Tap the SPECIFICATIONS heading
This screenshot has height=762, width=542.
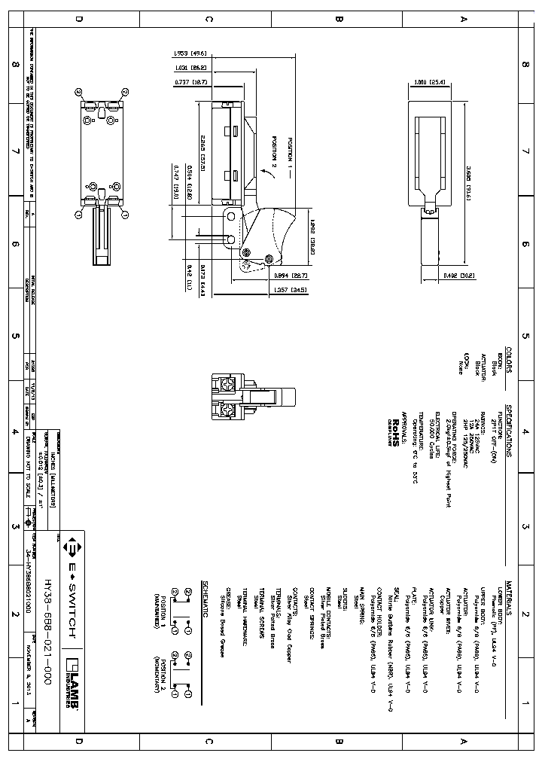click(509, 432)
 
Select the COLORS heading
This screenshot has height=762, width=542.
click(509, 360)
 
